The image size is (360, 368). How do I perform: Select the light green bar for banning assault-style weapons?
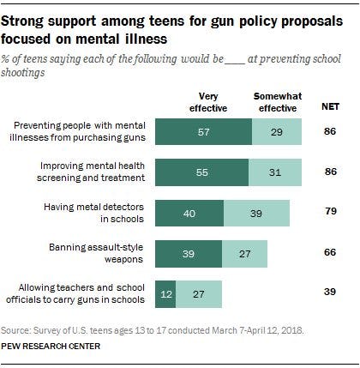coord(244,255)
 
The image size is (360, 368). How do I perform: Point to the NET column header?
coord(327,106)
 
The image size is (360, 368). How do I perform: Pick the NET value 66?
coord(327,255)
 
